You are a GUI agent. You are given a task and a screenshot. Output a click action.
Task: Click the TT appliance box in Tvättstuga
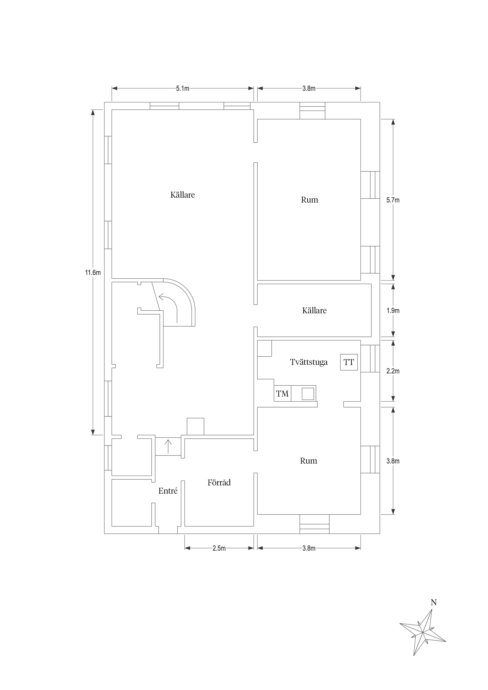[x=349, y=362]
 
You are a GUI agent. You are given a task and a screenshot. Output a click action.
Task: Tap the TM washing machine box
[x=282, y=393]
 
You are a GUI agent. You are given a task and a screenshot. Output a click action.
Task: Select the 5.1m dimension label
[x=183, y=88]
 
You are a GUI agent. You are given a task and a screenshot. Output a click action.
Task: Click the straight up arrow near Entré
[x=168, y=446]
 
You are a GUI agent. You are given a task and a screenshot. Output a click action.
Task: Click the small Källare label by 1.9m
[x=314, y=310]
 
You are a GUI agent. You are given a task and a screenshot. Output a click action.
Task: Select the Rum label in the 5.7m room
[x=309, y=200]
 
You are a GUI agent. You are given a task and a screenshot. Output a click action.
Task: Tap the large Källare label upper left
[x=183, y=195]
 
